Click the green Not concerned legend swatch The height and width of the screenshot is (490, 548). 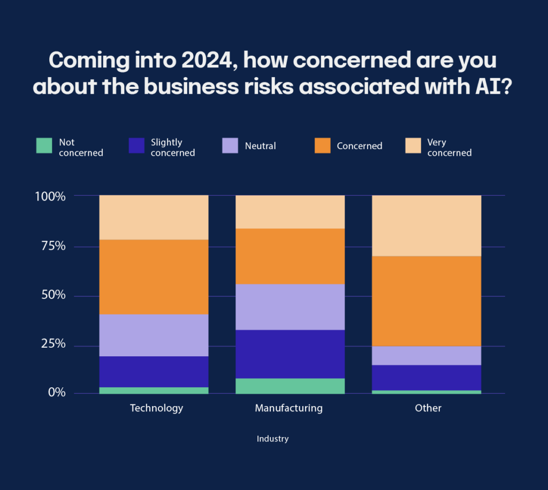tap(44, 146)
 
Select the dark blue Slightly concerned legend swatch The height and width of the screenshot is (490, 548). tap(137, 146)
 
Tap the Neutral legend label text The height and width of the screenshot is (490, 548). tap(260, 146)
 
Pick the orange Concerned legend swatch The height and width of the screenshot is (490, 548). tap(323, 146)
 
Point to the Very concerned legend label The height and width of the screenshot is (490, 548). tap(449, 148)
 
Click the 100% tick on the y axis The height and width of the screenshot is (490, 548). tap(50, 196)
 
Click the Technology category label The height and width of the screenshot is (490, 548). tap(156, 408)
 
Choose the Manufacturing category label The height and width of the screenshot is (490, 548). tap(288, 408)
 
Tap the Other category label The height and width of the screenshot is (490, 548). tap(428, 408)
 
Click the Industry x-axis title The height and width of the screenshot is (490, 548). tap(272, 439)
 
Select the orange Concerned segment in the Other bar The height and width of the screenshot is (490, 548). tap(427, 301)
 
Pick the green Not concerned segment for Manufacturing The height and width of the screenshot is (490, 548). tap(290, 386)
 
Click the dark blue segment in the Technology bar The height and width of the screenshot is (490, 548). tap(154, 371)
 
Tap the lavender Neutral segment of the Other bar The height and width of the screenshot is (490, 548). tap(427, 356)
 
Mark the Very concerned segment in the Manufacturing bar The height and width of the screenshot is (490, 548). tap(290, 212)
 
